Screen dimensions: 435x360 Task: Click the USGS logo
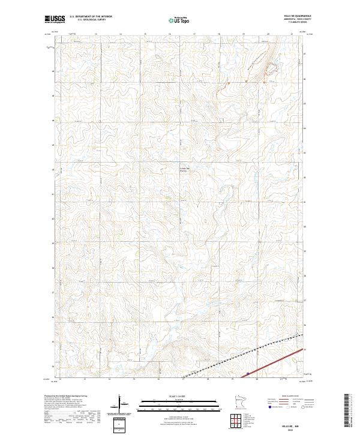coord(55,19)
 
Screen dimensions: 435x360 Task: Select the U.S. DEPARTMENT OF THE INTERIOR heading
coord(91,16)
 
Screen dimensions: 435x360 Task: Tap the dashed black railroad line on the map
coord(240,360)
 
